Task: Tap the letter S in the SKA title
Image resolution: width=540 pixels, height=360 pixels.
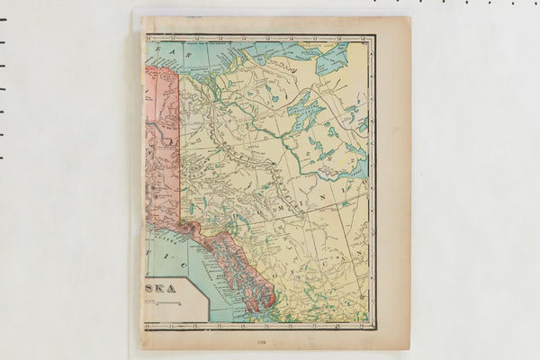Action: pyautogui.click(x=155, y=289)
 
